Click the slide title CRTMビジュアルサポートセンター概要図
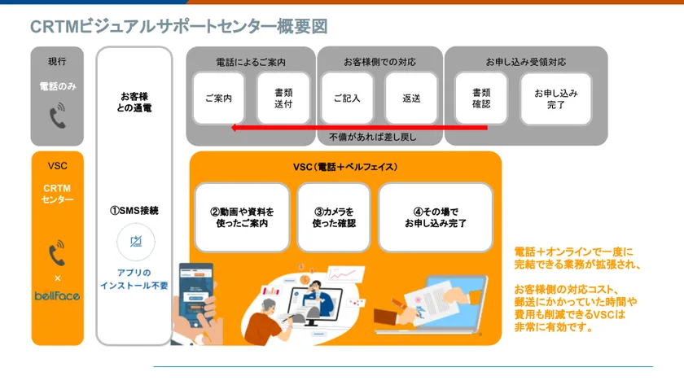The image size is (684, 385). (x=179, y=27)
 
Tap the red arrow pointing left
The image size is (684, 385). (x=359, y=128)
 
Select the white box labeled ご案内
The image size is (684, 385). (x=218, y=98)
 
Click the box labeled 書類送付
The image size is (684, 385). (x=283, y=98)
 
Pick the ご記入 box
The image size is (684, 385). (x=347, y=98)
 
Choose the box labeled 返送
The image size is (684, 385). (x=411, y=98)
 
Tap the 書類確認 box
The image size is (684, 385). (x=481, y=98)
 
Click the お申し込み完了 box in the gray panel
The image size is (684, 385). (x=556, y=99)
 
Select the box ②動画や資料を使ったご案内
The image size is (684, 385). (x=242, y=217)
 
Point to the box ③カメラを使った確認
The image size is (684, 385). (x=334, y=217)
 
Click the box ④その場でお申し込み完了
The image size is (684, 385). (x=436, y=217)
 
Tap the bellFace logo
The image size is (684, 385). (x=57, y=296)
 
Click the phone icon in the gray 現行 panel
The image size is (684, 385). (x=58, y=115)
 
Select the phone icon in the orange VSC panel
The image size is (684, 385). (x=57, y=252)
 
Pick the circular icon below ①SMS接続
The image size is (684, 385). (x=136, y=242)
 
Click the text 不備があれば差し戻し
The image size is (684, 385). (x=373, y=138)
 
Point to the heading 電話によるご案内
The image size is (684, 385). (x=251, y=63)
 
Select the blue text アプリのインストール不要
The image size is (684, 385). (x=134, y=279)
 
